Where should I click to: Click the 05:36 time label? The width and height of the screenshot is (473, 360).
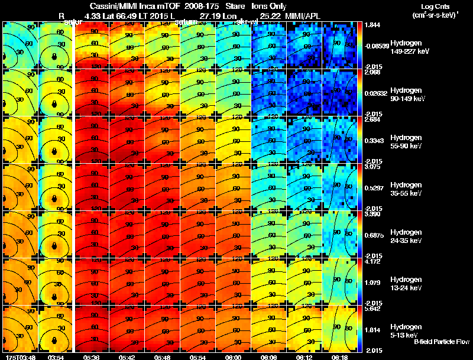pyautogui.click(x=91, y=356)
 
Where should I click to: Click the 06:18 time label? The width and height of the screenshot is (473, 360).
pyautogui.click(x=339, y=356)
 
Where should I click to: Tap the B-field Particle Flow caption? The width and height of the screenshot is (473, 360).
pyautogui.click(x=441, y=342)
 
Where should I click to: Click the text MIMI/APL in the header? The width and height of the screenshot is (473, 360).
pyautogui.click(x=306, y=15)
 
